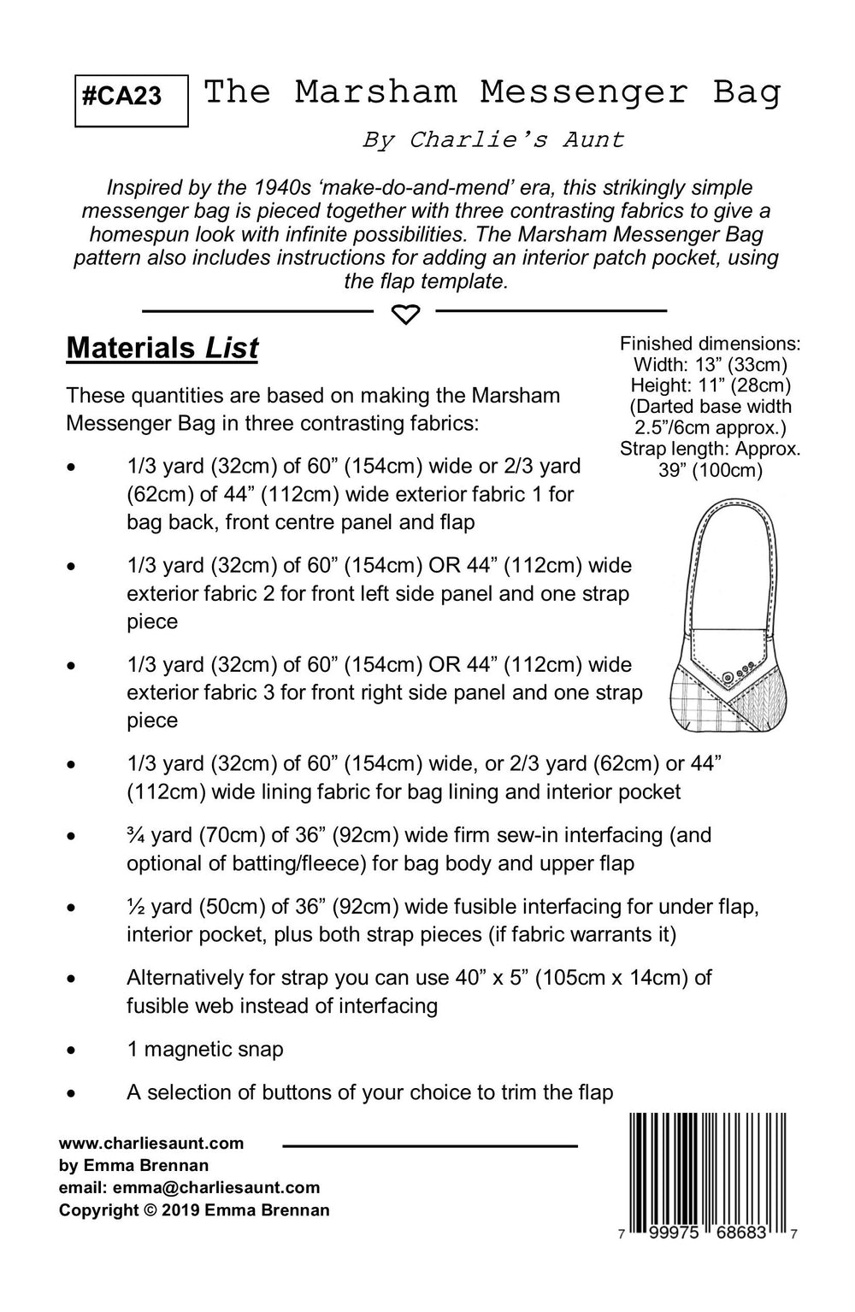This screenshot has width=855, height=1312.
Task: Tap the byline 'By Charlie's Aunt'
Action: tap(492, 139)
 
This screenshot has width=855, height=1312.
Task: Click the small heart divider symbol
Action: tap(405, 315)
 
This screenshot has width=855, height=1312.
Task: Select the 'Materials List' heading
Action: tap(162, 349)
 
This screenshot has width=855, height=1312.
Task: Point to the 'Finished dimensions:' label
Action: tap(710, 344)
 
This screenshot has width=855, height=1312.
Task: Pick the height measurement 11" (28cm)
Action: tap(743, 385)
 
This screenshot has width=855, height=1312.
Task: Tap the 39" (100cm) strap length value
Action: tap(711, 469)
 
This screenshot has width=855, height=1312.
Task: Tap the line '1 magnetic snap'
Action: tap(204, 1049)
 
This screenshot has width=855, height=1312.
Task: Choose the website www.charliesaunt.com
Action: tap(151, 1144)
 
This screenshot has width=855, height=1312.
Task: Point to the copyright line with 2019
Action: tap(194, 1209)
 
